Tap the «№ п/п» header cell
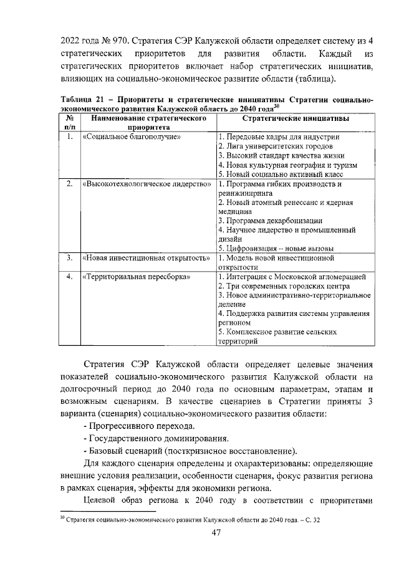tap(70, 122)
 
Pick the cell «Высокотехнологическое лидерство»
tap(147, 184)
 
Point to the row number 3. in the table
tap(70, 257)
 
